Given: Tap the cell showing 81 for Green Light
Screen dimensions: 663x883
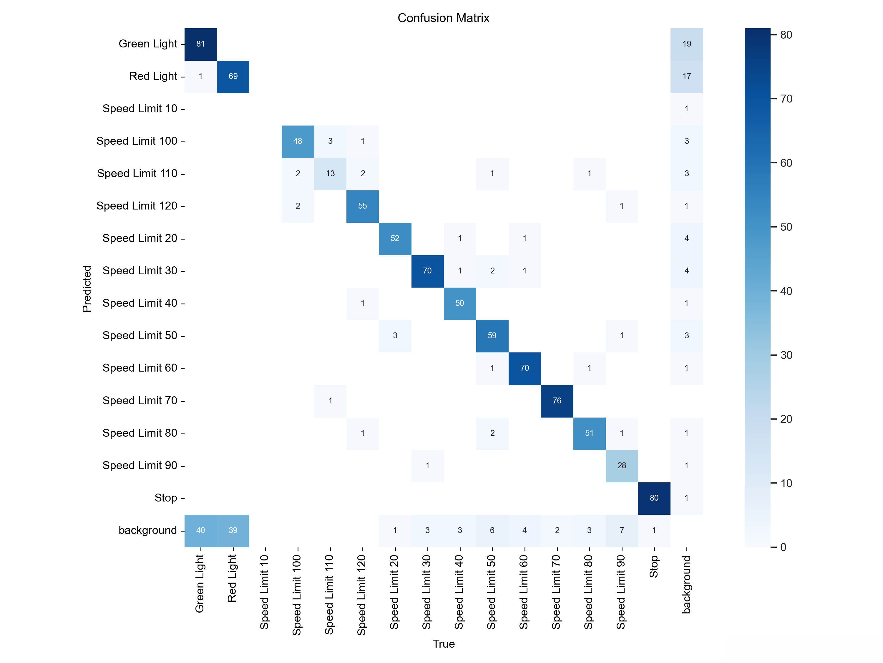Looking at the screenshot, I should tap(200, 44).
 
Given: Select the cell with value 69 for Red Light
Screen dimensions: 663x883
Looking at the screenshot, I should tap(233, 76).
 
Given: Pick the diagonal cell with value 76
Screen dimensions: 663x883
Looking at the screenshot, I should tap(557, 400).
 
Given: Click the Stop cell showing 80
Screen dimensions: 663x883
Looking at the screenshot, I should tap(654, 498).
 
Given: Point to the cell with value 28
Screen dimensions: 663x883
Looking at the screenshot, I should tap(622, 466).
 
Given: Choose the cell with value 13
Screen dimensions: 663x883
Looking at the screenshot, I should tap(330, 174).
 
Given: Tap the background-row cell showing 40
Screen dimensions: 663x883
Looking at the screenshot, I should tap(200, 530).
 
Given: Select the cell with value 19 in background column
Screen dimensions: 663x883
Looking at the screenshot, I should tap(687, 44).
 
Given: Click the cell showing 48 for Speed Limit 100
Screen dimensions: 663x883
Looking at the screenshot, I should tap(298, 141).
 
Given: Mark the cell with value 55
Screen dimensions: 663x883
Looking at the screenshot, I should tap(362, 206).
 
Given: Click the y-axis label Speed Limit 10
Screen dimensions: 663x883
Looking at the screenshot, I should tap(140, 109).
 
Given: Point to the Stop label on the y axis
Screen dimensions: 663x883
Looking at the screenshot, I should tap(166, 498).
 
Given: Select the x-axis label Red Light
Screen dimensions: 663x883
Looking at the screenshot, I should tap(232, 578).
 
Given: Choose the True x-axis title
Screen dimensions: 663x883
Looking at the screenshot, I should tap(444, 644).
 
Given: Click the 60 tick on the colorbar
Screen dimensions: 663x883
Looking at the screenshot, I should tap(786, 163).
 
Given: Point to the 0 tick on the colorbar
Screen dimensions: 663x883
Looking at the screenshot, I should tap(783, 547).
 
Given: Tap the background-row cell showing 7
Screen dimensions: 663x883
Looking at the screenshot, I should tap(622, 530).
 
